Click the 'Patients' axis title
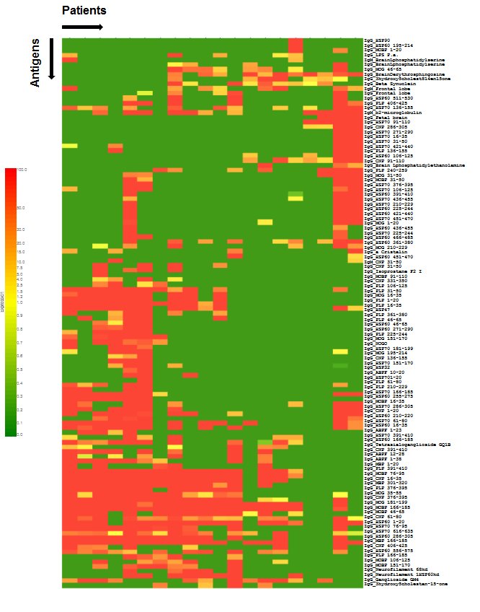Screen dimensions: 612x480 (84, 11)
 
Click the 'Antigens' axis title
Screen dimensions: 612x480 (36, 64)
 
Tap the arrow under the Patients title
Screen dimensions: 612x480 (82, 27)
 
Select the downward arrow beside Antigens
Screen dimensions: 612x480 (51, 58)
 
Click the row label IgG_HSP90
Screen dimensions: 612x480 (377, 40)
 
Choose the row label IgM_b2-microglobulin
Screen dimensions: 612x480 (393, 113)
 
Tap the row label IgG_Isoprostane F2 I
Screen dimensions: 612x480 (396, 271)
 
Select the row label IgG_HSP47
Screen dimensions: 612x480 (377, 309)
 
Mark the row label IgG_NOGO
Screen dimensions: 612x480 (375, 343)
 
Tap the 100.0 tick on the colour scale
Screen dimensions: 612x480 (22, 170)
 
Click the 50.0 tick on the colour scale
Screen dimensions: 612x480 (21, 208)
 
